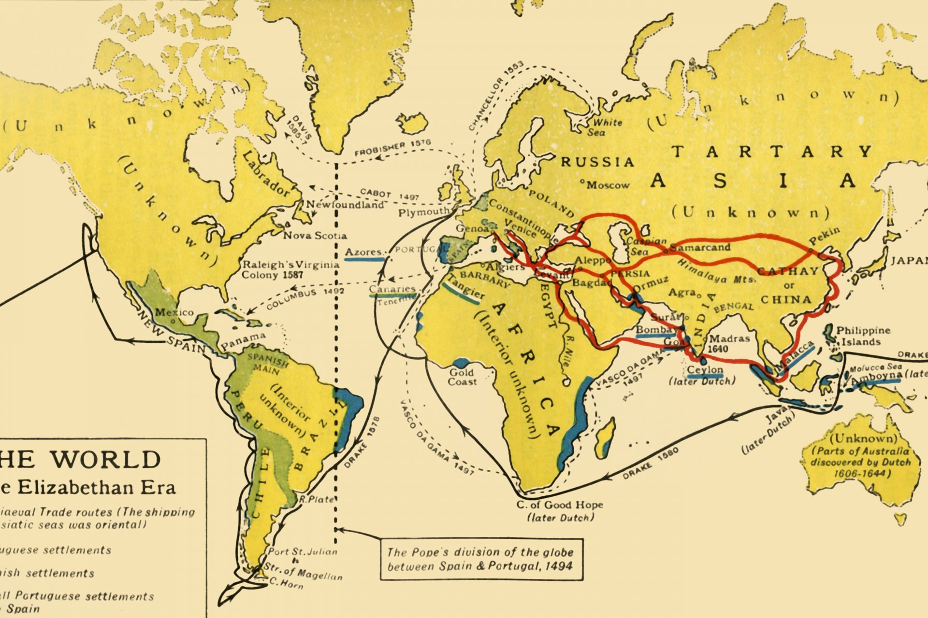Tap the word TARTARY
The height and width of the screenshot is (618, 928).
(772, 152)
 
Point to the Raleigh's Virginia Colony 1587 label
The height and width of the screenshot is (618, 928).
(290, 270)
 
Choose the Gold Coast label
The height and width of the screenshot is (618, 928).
(462, 377)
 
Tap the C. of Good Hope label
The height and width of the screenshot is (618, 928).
(560, 505)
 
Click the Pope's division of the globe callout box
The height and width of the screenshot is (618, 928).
(481, 559)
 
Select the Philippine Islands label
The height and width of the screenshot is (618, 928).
(863, 336)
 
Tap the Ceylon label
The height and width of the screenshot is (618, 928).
(705, 370)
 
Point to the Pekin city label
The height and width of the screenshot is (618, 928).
(824, 237)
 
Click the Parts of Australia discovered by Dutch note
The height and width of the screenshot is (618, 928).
(860, 462)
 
